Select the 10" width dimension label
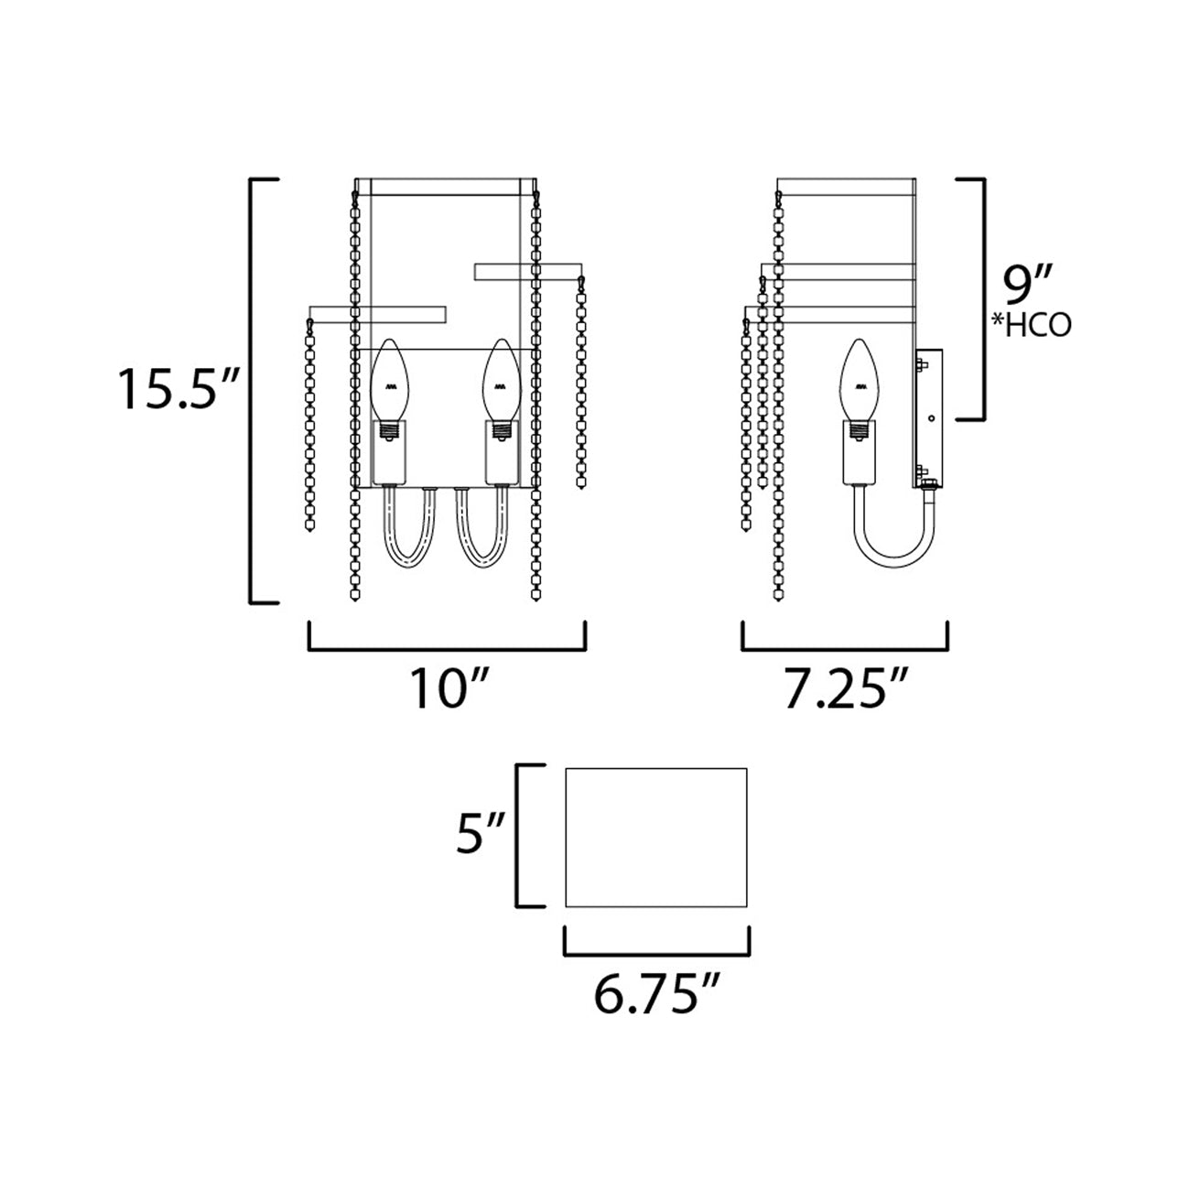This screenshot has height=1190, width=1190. click(x=446, y=688)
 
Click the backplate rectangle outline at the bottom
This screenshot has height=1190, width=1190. click(x=657, y=837)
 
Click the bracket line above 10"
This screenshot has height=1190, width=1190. click(x=447, y=649)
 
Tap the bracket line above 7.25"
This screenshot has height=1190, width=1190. click(x=844, y=649)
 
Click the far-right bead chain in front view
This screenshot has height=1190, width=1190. click(x=581, y=384)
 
